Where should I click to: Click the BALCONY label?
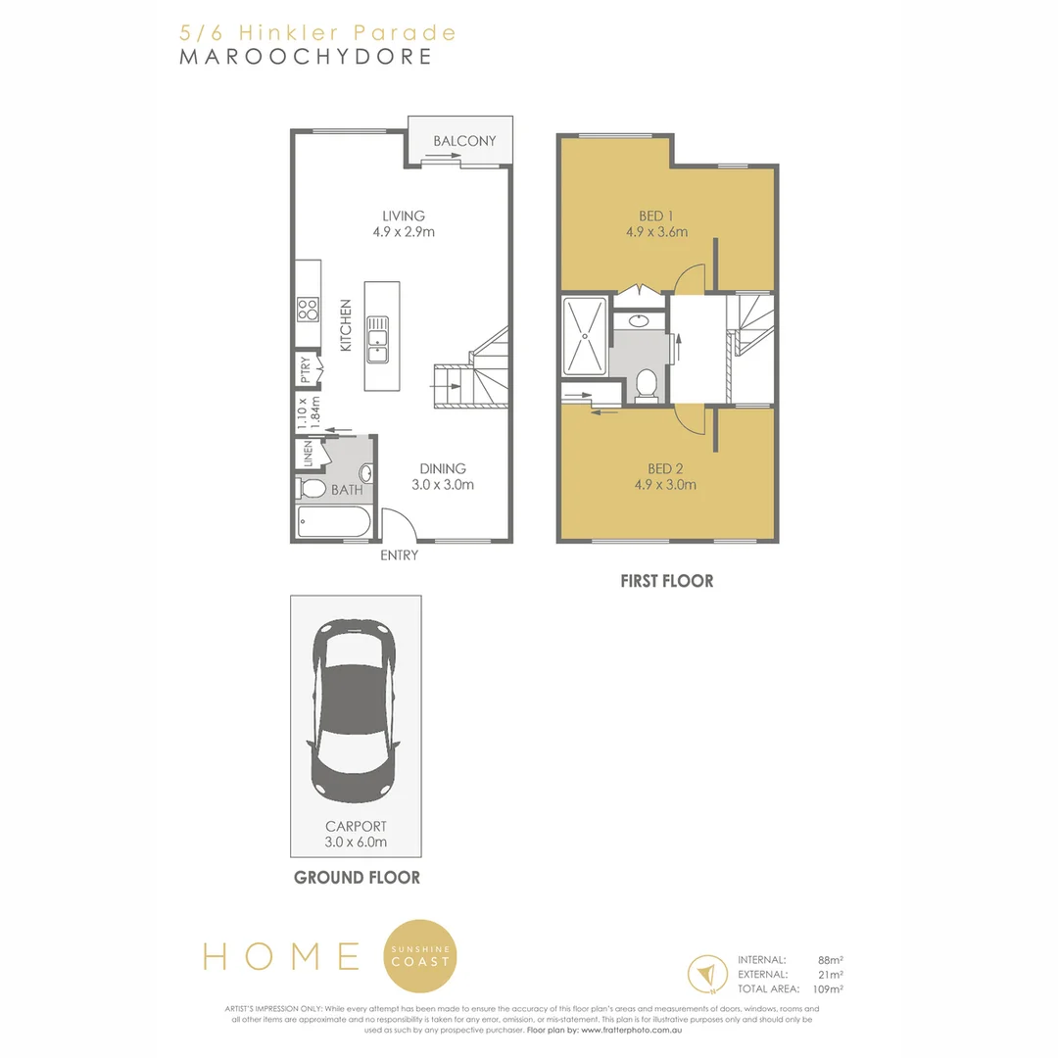coord(464,141)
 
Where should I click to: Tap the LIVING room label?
coord(404,216)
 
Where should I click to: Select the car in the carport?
coord(353,710)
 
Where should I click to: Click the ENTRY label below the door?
coord(399,555)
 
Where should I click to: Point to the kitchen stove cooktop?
coord(308,310)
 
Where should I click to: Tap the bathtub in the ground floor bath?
coord(334,522)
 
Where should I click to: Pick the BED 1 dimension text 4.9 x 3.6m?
coord(656,232)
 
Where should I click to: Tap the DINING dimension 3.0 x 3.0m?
coord(443,485)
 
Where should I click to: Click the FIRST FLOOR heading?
coord(666,581)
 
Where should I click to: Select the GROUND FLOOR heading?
coord(357,878)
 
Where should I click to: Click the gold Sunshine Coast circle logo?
coord(420,955)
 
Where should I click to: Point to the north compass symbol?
coord(704,974)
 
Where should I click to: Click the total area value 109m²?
coord(829,989)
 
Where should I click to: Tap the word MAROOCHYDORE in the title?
coord(306,56)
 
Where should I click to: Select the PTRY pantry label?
coord(306,369)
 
